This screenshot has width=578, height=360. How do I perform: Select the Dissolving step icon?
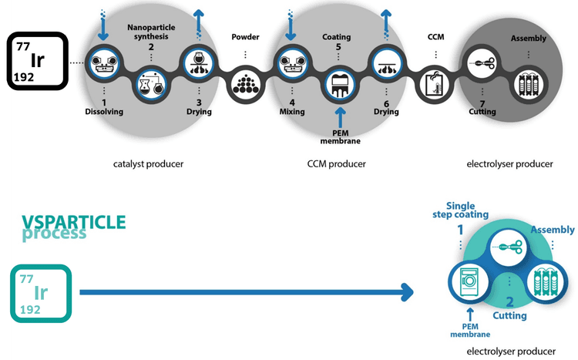click(103, 61)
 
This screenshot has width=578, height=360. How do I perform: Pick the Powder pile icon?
click(245, 81)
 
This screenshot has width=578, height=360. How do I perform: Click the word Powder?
click(245, 37)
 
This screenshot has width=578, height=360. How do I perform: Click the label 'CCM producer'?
click(337, 163)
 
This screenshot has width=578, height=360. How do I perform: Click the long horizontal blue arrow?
click(247, 292)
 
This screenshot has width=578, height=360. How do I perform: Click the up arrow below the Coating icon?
click(339, 116)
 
